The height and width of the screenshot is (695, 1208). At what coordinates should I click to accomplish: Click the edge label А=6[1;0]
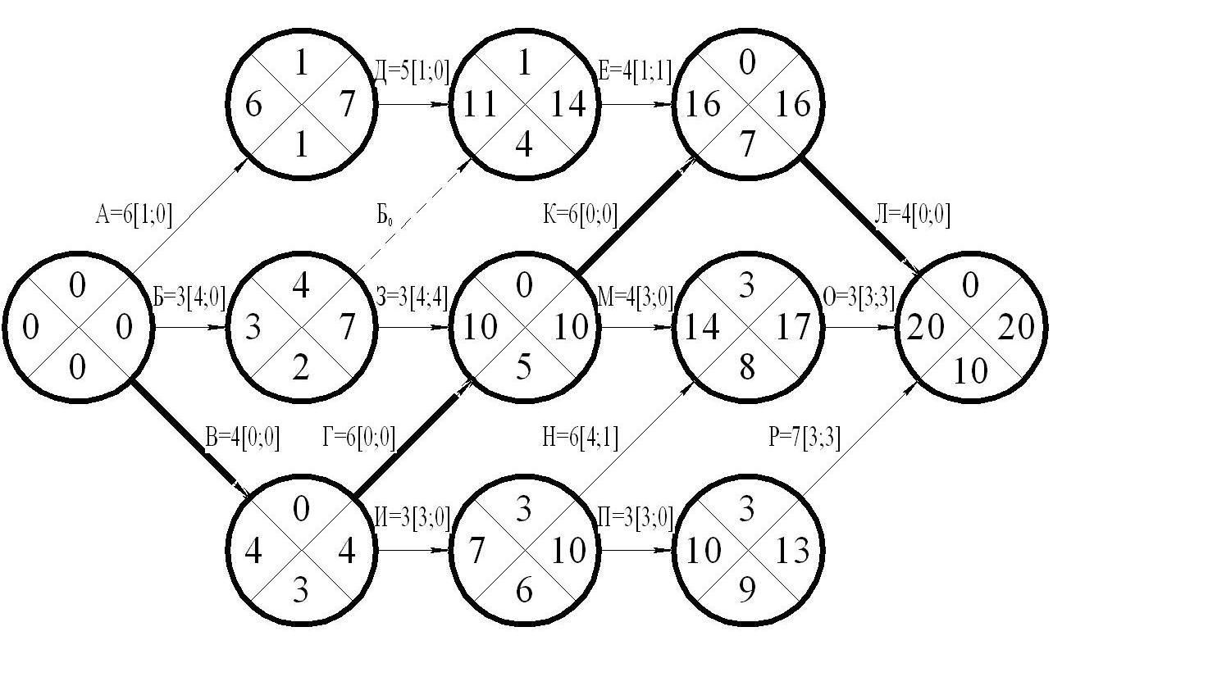[x=134, y=215]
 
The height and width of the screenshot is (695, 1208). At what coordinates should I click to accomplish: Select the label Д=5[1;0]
[x=412, y=71]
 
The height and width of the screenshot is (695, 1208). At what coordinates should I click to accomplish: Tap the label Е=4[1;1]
[x=636, y=71]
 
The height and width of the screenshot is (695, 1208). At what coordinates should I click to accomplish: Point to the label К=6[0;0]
[x=581, y=215]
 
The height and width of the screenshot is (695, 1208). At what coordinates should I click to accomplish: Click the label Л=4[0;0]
[x=913, y=215]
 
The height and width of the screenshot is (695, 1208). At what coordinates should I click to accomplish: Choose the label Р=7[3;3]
[x=805, y=437]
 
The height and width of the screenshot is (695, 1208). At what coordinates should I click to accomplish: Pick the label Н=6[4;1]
[x=581, y=437]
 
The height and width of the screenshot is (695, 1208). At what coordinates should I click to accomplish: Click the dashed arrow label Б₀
[x=384, y=216]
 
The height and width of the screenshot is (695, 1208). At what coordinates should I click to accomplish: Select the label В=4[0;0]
[x=243, y=438]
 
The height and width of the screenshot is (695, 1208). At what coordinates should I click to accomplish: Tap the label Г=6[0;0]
[x=359, y=437]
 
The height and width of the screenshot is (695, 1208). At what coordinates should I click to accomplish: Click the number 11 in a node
[x=480, y=104]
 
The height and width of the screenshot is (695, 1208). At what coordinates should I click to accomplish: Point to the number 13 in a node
[x=793, y=551]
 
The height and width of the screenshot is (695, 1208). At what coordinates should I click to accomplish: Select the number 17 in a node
[x=793, y=326]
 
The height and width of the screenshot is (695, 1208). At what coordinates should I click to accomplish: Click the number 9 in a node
[x=747, y=590]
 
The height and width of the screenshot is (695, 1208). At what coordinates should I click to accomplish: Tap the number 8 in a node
[x=747, y=367]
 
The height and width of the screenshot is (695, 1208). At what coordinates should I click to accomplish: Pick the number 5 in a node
[x=524, y=367]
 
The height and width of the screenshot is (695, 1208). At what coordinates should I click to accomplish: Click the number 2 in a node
[x=300, y=367]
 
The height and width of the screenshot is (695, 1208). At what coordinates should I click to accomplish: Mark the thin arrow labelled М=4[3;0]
[x=636, y=327]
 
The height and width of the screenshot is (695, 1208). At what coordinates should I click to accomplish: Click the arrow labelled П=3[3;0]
[x=636, y=551]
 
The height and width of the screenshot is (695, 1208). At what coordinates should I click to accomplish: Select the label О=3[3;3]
[x=859, y=297]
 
